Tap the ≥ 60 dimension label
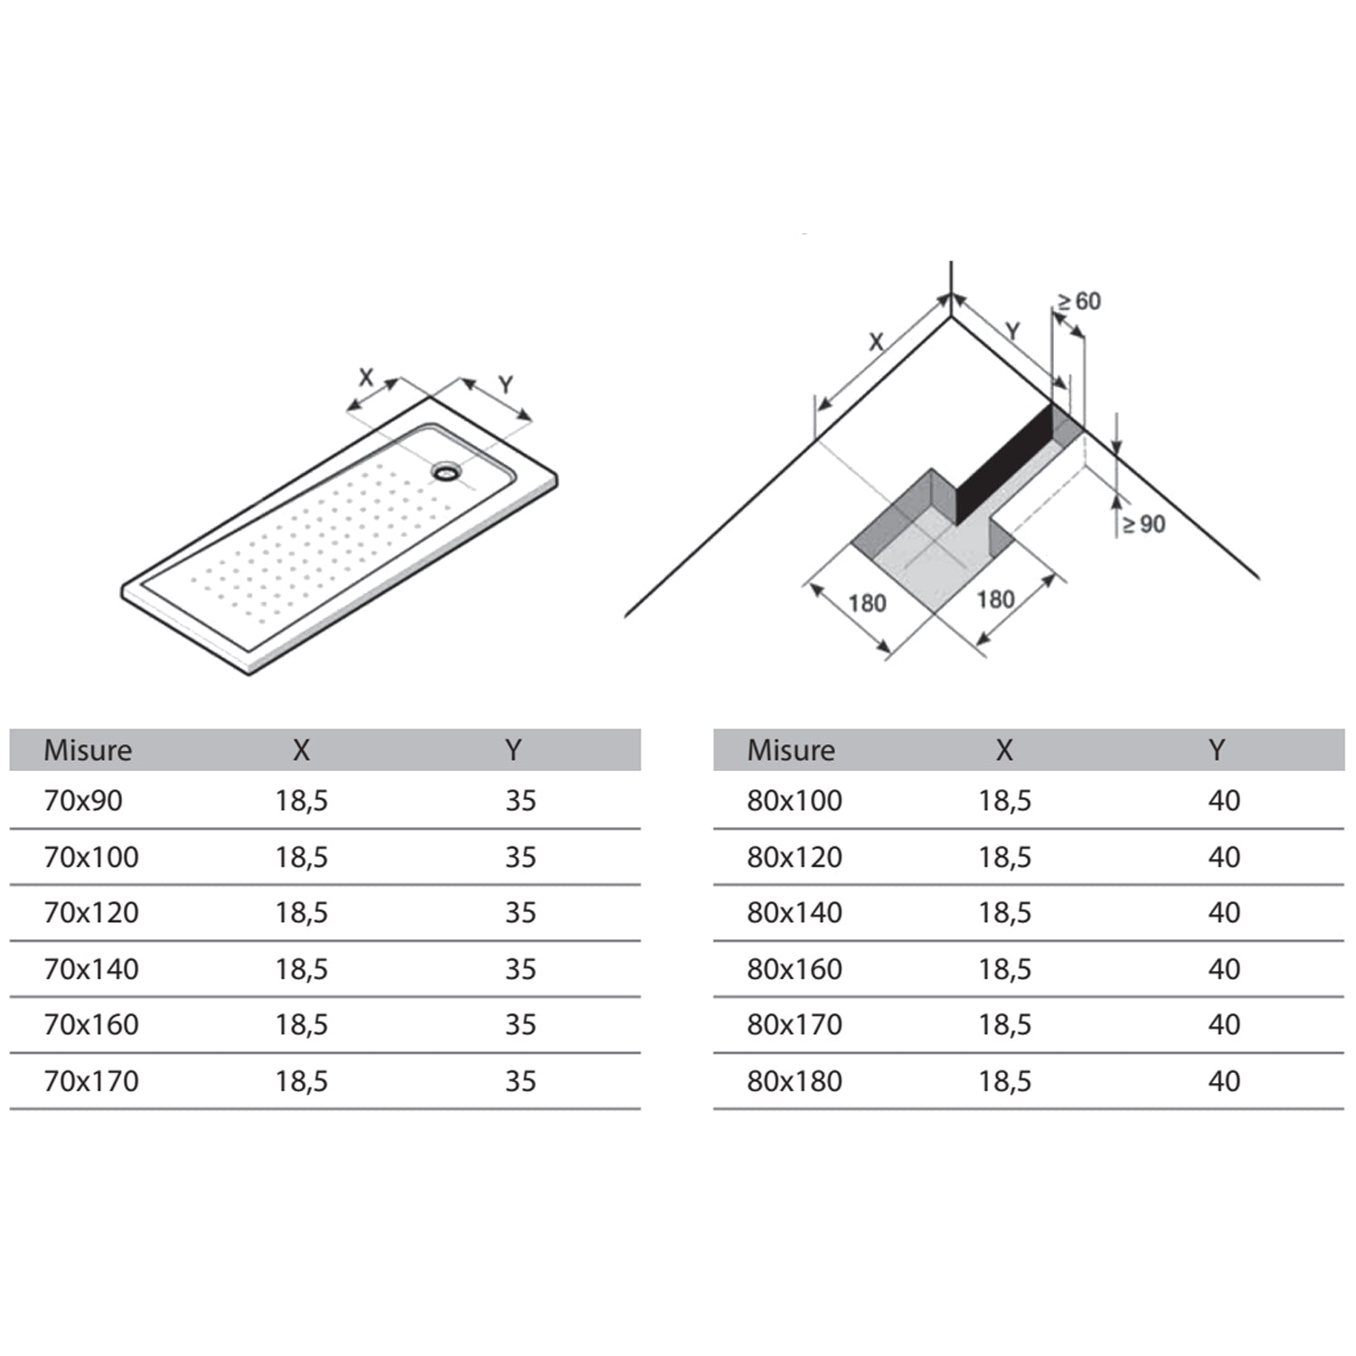(x=1079, y=301)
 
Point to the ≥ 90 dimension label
(x=1144, y=524)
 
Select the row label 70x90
(x=83, y=801)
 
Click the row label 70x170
(x=91, y=1081)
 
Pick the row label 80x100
(x=795, y=801)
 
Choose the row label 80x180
(x=795, y=1081)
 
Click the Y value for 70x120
(x=521, y=913)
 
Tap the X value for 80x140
(x=1004, y=913)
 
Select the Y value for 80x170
(x=1224, y=1025)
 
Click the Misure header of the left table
(x=88, y=750)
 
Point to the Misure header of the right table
(x=791, y=750)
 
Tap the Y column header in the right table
(x=1217, y=749)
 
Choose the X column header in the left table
(x=301, y=749)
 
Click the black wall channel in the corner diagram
(x=1005, y=464)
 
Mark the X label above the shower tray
(x=365, y=377)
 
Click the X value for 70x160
(x=301, y=1025)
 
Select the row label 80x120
(x=795, y=857)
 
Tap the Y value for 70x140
(x=521, y=969)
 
